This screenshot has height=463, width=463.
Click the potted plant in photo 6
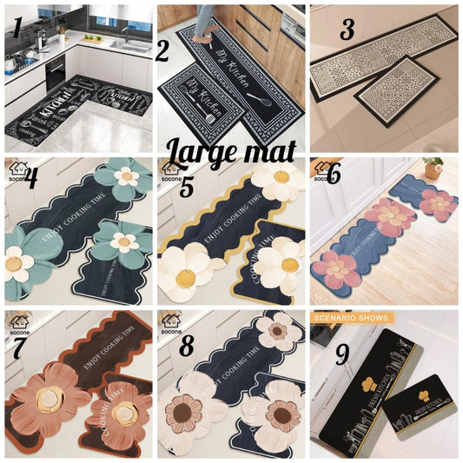coord(433,167)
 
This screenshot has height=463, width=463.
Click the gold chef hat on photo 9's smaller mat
coord(410,393)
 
